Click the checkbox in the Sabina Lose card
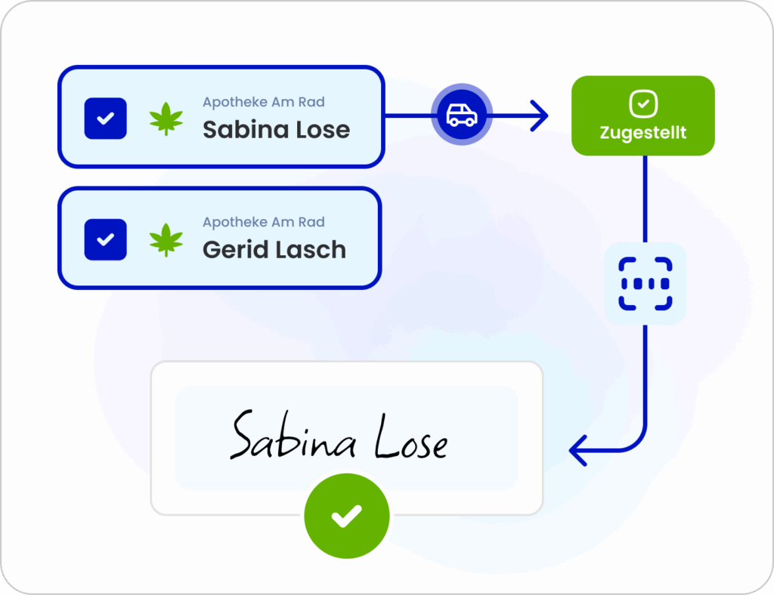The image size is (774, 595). pyautogui.click(x=106, y=119)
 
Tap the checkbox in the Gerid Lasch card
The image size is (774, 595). pyautogui.click(x=106, y=239)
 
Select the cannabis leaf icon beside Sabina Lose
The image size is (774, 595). pyautogui.click(x=166, y=119)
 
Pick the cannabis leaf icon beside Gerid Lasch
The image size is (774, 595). pyautogui.click(x=166, y=239)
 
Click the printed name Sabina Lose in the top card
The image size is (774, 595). pyautogui.click(x=276, y=130)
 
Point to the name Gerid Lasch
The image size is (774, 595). pyautogui.click(x=274, y=250)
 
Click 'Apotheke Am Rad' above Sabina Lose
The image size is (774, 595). pyautogui.click(x=264, y=102)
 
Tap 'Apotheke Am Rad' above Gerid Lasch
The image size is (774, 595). pyautogui.click(x=264, y=222)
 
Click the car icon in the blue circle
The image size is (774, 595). pyautogui.click(x=461, y=116)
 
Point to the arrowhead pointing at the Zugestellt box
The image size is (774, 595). pyautogui.click(x=540, y=116)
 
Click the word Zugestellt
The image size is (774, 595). pyautogui.click(x=642, y=133)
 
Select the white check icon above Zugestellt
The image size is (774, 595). pyautogui.click(x=642, y=104)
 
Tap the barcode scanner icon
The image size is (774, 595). pyautogui.click(x=645, y=284)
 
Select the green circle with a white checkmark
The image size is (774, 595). pyautogui.click(x=347, y=516)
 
